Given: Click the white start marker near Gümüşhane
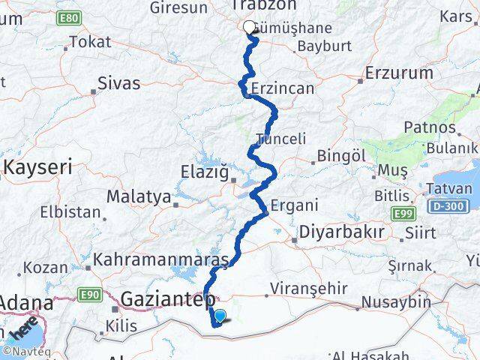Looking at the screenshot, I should pyautogui.click(x=250, y=27).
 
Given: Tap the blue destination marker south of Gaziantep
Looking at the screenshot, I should pyautogui.click(x=220, y=316).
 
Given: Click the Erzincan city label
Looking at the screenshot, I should pyautogui.click(x=284, y=88).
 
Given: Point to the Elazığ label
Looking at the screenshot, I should pyautogui.click(x=204, y=172).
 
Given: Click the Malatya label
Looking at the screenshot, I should pyautogui.click(x=138, y=197).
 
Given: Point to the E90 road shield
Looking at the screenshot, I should pyautogui.click(x=88, y=293).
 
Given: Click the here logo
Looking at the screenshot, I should pyautogui.click(x=23, y=328).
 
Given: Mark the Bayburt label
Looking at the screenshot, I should pyautogui.click(x=324, y=46).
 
